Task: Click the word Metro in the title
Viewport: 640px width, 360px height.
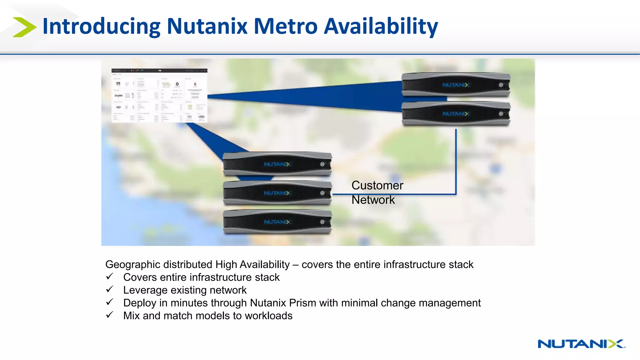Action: [285, 26]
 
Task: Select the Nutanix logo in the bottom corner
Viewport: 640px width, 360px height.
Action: [581, 344]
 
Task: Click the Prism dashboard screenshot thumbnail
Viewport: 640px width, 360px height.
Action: [159, 95]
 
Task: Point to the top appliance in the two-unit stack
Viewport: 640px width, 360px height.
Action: [456, 85]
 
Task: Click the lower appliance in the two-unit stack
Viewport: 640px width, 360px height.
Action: [456, 114]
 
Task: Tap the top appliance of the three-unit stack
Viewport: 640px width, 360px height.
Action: [277, 164]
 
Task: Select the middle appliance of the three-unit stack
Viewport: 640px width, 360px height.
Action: [277, 193]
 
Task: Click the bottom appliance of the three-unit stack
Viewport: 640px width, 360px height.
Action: [277, 222]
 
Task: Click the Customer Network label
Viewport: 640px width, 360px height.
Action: [377, 192]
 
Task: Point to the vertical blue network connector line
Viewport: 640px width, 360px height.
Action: [456, 161]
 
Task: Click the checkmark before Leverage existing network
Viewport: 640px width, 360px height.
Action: [109, 289]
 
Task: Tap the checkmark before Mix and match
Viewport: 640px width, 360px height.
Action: [109, 315]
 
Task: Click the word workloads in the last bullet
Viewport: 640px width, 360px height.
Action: [268, 316]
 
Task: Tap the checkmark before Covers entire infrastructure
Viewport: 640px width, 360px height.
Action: [109, 277]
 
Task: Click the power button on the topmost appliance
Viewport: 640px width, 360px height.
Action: [501, 85]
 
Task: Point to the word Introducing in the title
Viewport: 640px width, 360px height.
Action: [101, 27]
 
